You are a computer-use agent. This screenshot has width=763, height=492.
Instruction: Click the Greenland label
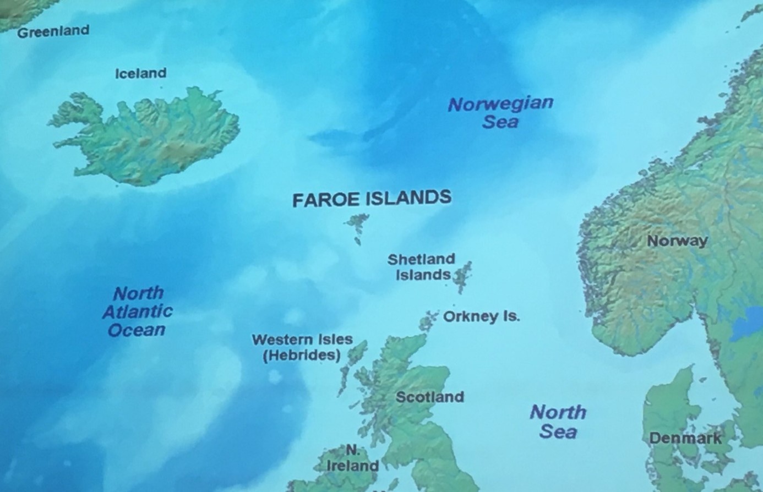(53, 31)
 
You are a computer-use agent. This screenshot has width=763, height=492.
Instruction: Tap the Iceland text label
(140, 73)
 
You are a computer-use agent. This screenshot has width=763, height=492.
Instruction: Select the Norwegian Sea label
(500, 112)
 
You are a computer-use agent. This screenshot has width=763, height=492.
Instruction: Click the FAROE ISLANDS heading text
(372, 199)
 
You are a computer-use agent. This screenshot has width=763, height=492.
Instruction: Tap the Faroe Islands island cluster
(358, 226)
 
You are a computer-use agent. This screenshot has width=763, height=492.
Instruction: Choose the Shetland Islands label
(422, 267)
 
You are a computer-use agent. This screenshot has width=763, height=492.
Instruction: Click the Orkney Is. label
(481, 317)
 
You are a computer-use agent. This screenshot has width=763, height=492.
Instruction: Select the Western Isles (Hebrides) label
(302, 347)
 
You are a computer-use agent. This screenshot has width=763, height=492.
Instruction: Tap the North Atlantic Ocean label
(138, 311)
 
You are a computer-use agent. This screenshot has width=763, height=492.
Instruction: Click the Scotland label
(429, 397)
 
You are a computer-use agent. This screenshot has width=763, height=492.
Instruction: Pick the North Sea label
(558, 422)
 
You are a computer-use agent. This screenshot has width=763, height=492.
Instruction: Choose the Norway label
(677, 241)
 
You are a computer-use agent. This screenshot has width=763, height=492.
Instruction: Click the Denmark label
(685, 438)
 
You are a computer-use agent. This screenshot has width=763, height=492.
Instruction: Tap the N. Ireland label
(352, 458)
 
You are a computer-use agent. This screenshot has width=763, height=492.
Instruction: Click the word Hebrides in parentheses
(302, 356)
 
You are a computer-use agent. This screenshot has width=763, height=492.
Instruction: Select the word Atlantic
(138, 311)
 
